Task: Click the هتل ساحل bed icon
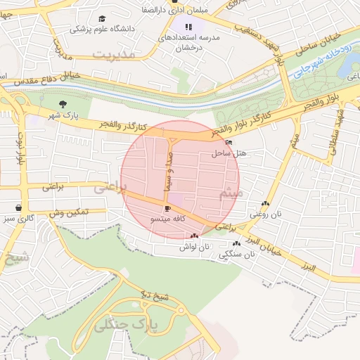tap(229, 143)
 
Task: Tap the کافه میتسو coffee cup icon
tap(167, 209)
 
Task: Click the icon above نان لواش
tap(194, 236)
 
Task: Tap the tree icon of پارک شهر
tap(64, 103)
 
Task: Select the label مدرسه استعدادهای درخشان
tap(188, 41)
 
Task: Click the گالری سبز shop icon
tap(18, 209)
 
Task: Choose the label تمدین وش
tap(67, 211)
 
